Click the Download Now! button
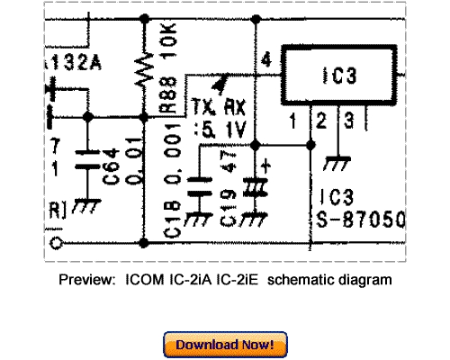225,345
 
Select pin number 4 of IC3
265,60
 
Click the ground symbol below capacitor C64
86,205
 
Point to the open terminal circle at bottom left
58,243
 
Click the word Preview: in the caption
87,280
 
